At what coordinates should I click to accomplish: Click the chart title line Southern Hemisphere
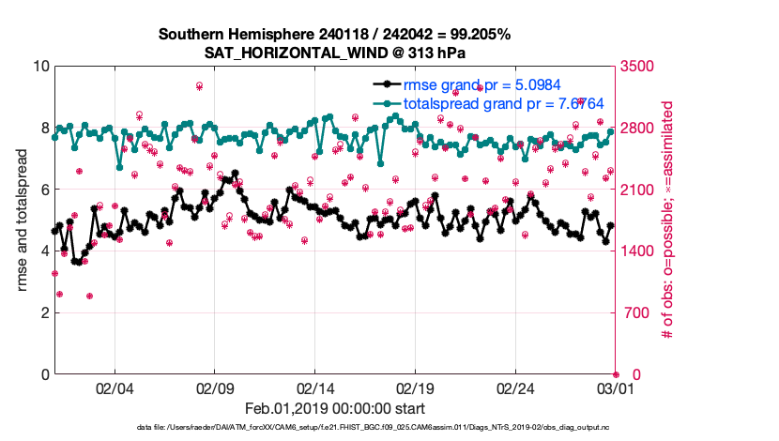click(x=334, y=35)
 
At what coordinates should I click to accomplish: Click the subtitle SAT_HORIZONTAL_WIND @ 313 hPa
click(x=334, y=53)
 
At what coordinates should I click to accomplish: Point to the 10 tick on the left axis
click(x=40, y=67)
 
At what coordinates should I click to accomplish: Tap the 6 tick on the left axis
click(x=44, y=190)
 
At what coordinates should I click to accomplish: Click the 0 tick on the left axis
click(x=44, y=374)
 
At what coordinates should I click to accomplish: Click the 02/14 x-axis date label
click(x=315, y=388)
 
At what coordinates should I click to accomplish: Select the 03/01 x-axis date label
click(x=616, y=388)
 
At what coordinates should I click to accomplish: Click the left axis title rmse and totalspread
click(x=22, y=220)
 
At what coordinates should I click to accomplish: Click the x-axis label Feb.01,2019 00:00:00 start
click(x=334, y=408)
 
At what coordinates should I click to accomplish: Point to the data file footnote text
click(x=334, y=428)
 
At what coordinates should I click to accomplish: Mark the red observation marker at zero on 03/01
click(x=616, y=374)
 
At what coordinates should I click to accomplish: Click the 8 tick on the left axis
click(x=44, y=128)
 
